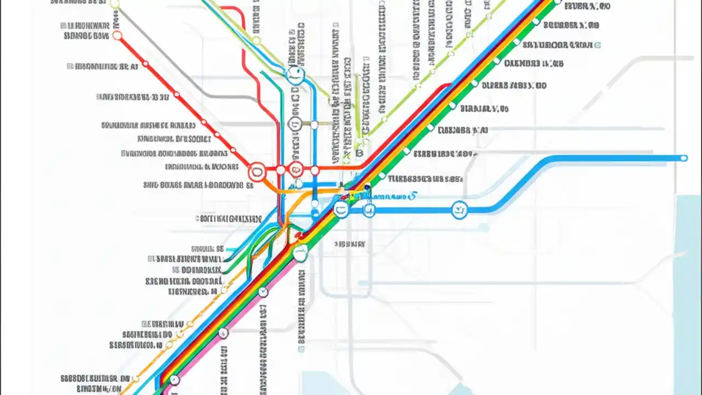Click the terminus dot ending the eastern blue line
coord(683,158)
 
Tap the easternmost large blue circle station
coord(460,209)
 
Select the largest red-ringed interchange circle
coord(257,172)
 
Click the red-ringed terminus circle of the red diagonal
coord(117,36)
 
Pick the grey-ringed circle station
coord(294,123)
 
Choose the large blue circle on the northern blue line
coord(295,75)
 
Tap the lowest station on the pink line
coord(174,379)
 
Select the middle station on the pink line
coord(223,332)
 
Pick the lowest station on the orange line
coord(135,379)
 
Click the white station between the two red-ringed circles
coord(281,170)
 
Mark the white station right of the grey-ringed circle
coord(314,125)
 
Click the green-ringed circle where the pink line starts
coord(299,253)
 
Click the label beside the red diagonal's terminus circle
coord(87,36)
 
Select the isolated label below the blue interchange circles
coord(349,243)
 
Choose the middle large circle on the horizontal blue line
coord(369,209)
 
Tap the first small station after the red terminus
coord(145,64)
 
